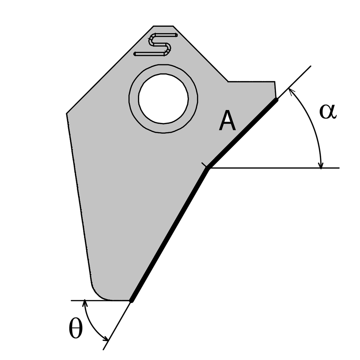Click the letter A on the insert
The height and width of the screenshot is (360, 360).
(227, 121)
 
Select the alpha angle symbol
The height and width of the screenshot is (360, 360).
(328, 112)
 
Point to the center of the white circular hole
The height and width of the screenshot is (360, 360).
(163, 98)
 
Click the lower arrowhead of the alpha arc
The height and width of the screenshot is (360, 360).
(321, 165)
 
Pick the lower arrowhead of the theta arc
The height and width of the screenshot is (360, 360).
(106, 339)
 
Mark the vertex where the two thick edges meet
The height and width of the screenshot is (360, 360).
(208, 168)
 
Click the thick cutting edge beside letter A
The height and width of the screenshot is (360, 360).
(243, 134)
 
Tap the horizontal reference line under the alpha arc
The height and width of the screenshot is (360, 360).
(274, 168)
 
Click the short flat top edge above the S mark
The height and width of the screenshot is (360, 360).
(163, 26)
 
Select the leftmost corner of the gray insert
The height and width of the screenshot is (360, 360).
(66, 113)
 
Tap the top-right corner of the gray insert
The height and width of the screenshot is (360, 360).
(274, 82)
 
